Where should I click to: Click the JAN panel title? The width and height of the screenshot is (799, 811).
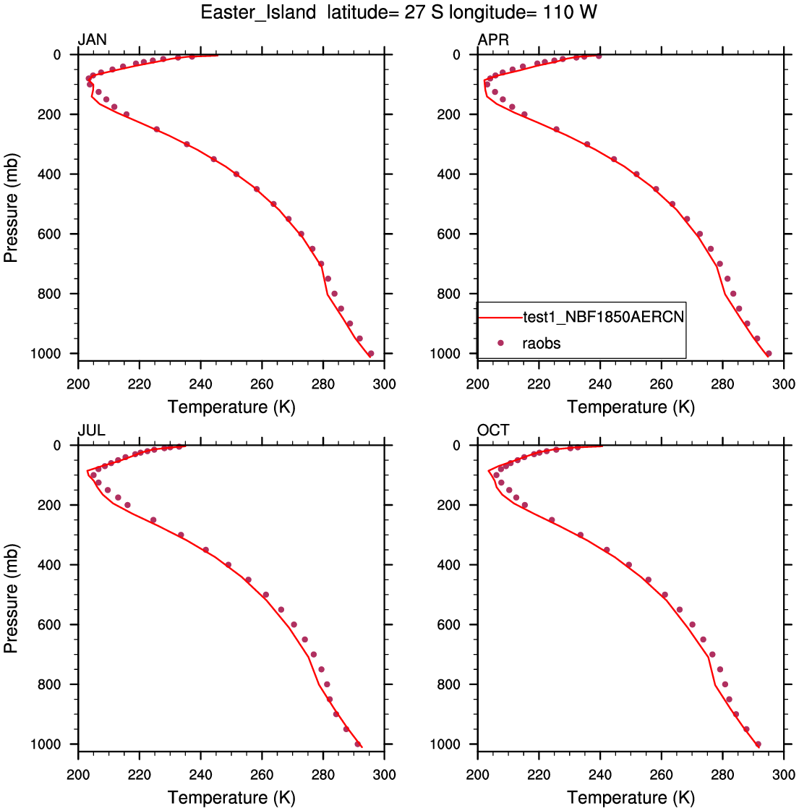click(x=93, y=40)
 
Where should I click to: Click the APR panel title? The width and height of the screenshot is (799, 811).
click(x=493, y=40)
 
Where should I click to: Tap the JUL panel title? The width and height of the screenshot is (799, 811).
click(x=92, y=430)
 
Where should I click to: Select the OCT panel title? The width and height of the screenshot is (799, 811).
click(x=493, y=430)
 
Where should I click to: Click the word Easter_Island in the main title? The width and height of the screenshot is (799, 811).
click(x=258, y=12)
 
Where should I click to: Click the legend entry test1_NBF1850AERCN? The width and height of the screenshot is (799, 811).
click(x=603, y=316)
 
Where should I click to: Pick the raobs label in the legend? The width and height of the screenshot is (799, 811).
click(x=542, y=343)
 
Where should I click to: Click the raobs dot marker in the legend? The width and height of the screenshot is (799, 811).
click(x=500, y=343)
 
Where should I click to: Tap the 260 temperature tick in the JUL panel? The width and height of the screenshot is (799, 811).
click(x=262, y=775)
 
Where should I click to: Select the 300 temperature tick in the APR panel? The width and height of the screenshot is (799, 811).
click(x=784, y=384)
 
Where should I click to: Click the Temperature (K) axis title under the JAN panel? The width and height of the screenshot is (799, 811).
click(x=231, y=407)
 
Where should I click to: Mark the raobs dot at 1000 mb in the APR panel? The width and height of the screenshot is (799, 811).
click(x=769, y=354)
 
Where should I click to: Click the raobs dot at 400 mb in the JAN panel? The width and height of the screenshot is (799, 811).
click(x=236, y=174)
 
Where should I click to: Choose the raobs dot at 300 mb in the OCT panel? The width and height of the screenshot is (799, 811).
click(x=580, y=535)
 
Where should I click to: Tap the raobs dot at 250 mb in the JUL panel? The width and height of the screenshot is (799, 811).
click(x=153, y=519)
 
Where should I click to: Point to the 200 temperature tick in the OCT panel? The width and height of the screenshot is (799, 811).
click(x=477, y=775)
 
